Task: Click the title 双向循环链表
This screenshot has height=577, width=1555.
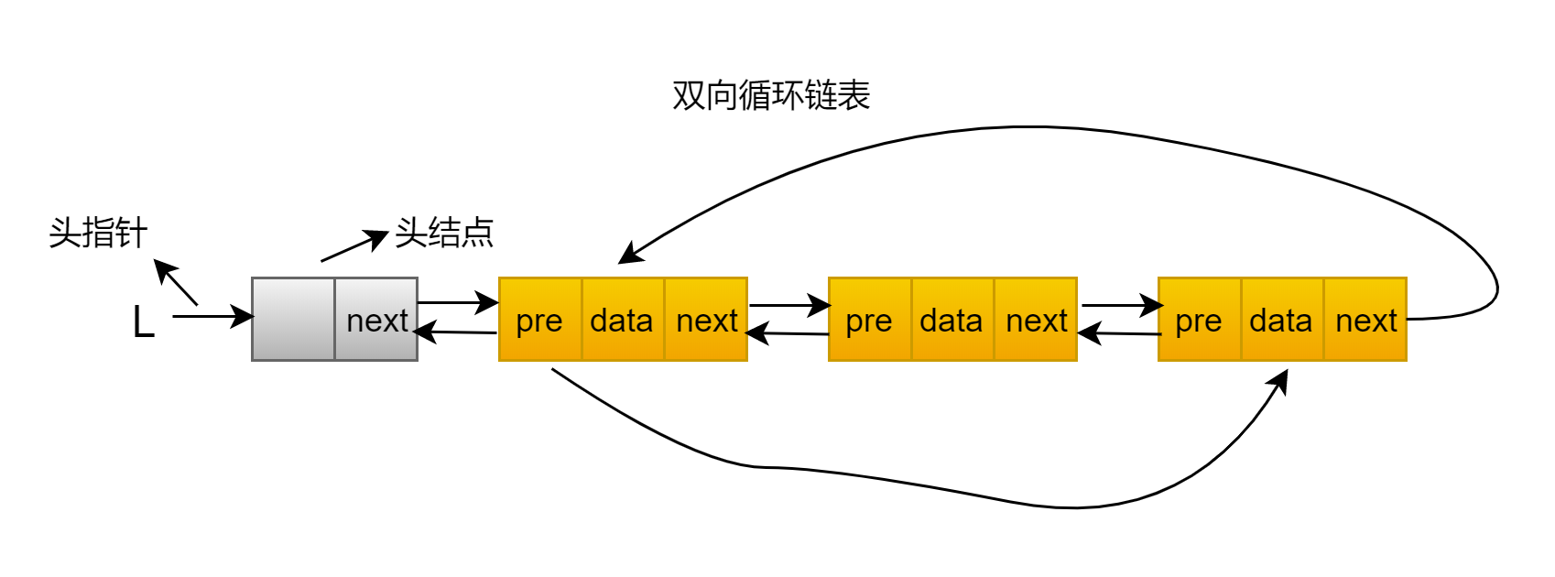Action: click(x=771, y=95)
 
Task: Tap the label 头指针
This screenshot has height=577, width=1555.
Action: click(x=98, y=233)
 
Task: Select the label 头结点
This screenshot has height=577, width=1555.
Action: click(x=444, y=233)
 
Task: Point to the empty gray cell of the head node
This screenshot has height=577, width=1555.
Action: click(x=293, y=320)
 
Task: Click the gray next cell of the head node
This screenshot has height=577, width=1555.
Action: click(x=376, y=320)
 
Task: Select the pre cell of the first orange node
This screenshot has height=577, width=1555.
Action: click(x=540, y=320)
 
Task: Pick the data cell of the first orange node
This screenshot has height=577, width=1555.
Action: click(x=623, y=320)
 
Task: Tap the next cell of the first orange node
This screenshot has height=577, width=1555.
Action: click(x=706, y=320)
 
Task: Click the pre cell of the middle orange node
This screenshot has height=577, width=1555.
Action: click(x=870, y=320)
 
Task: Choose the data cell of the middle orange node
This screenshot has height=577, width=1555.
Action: click(x=952, y=320)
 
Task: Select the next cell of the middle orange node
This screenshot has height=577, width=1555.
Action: click(x=1036, y=320)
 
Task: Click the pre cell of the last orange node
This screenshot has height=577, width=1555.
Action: click(x=1200, y=320)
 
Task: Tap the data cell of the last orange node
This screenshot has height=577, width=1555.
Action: click(x=1282, y=320)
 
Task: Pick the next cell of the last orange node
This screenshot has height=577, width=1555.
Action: click(x=1365, y=320)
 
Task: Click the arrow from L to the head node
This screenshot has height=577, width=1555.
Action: click(x=213, y=317)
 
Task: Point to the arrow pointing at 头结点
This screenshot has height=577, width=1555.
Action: click(x=354, y=245)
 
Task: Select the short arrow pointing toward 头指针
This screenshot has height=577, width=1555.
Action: click(x=175, y=282)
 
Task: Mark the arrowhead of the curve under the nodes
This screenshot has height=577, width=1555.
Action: click(x=1280, y=381)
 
